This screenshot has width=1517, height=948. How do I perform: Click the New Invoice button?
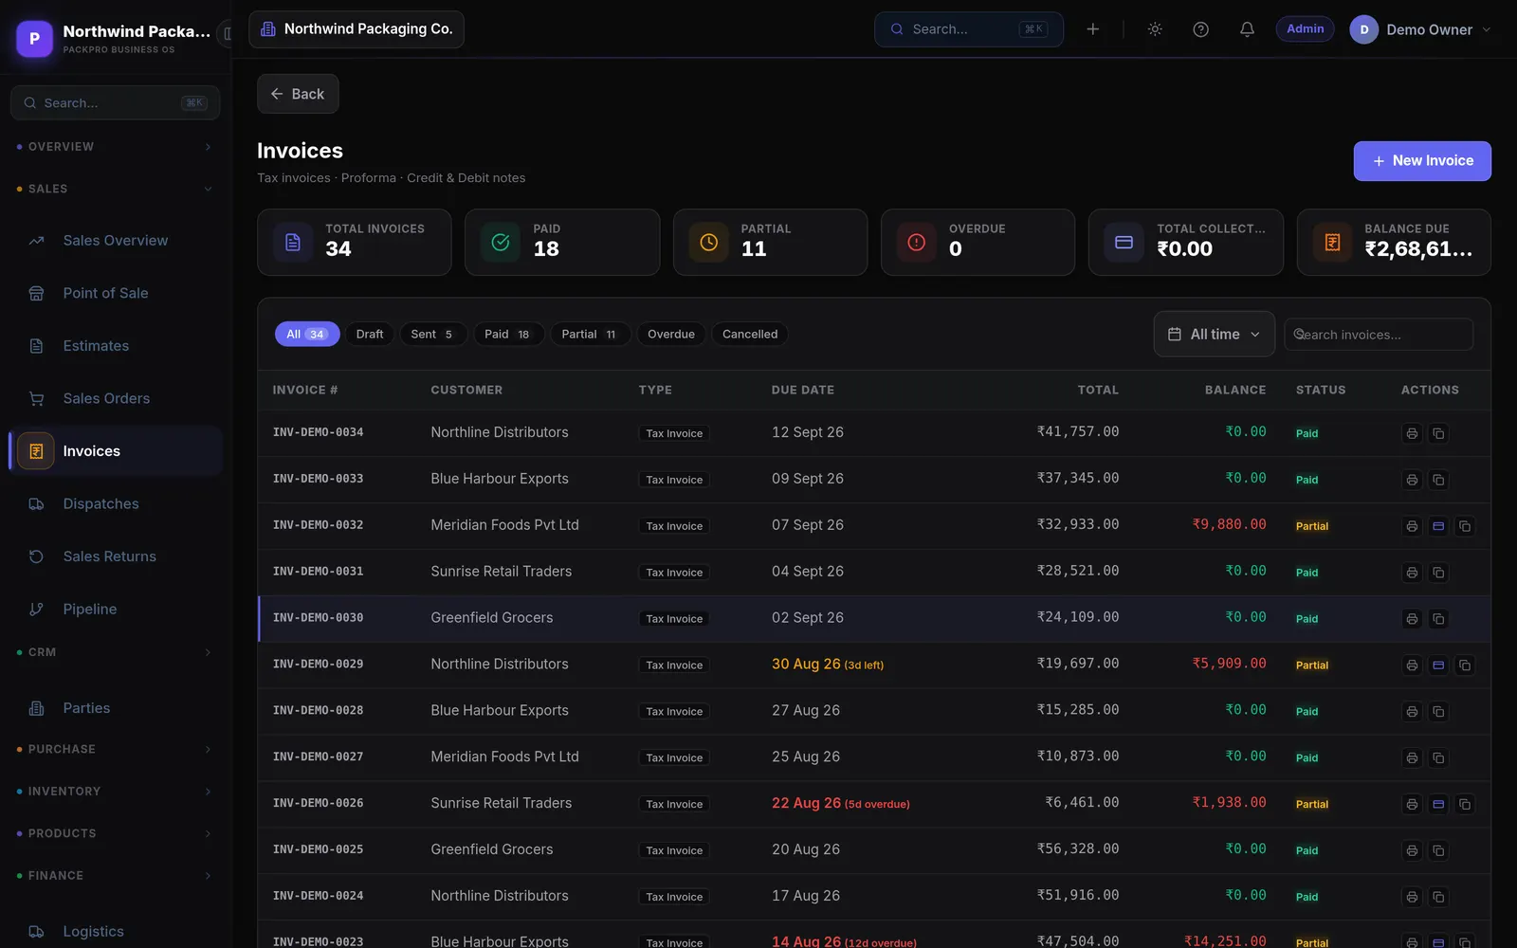[1422, 160]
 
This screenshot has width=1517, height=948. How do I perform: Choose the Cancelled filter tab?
[750, 334]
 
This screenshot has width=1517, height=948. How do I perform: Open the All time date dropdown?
[1215, 334]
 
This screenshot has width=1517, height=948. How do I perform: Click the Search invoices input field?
[1379, 335]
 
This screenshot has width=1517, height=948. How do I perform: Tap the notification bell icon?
[1247, 29]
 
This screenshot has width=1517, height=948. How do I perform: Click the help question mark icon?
[1200, 29]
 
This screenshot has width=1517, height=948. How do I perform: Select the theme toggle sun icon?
[1155, 29]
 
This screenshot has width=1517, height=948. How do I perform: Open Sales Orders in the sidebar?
[106, 398]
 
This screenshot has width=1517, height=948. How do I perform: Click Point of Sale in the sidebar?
[105, 293]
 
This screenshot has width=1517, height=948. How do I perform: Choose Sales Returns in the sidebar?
[109, 556]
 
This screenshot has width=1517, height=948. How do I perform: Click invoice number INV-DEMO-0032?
[318, 525]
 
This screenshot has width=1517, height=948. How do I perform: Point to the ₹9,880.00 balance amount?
[1229, 524]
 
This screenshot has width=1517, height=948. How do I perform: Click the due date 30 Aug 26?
[806, 664]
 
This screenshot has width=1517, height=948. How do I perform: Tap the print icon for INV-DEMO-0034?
[1412, 433]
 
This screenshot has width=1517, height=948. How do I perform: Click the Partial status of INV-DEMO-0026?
[1312, 804]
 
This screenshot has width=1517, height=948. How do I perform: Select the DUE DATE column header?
[802, 390]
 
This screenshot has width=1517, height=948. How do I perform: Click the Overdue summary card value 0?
[955, 248]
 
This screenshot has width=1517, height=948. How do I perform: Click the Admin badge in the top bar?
[1305, 29]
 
